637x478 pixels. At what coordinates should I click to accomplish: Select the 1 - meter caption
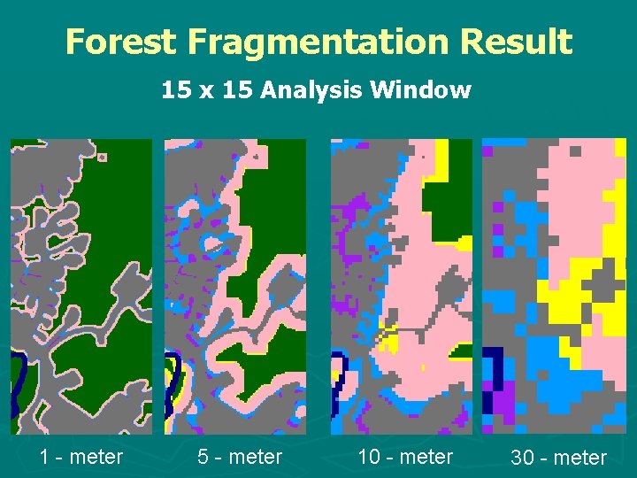pos(81,457)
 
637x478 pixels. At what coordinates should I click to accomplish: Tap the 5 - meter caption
pos(240,457)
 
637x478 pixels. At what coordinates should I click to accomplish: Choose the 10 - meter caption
pos(404,457)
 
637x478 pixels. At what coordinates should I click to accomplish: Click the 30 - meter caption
pos(558,458)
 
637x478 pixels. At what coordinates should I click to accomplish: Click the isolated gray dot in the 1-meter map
pos(103,158)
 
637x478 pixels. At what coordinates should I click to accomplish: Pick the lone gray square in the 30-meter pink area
pos(576,151)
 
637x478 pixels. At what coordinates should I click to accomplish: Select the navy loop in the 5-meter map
pos(177,372)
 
